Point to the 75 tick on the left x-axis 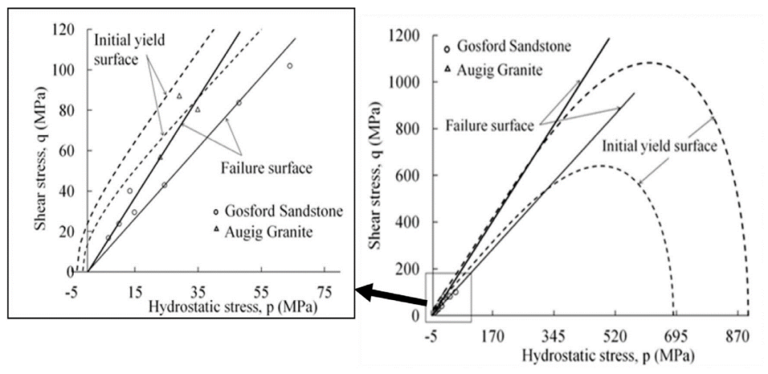click(x=325, y=290)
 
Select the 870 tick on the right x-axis click(x=737, y=333)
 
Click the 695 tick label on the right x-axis click(x=676, y=333)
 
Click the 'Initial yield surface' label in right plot click(x=658, y=146)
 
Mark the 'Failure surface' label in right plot click(x=489, y=126)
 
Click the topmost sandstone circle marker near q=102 click(x=289, y=65)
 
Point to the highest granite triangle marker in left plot click(x=179, y=96)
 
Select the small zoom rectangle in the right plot click(x=448, y=297)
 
